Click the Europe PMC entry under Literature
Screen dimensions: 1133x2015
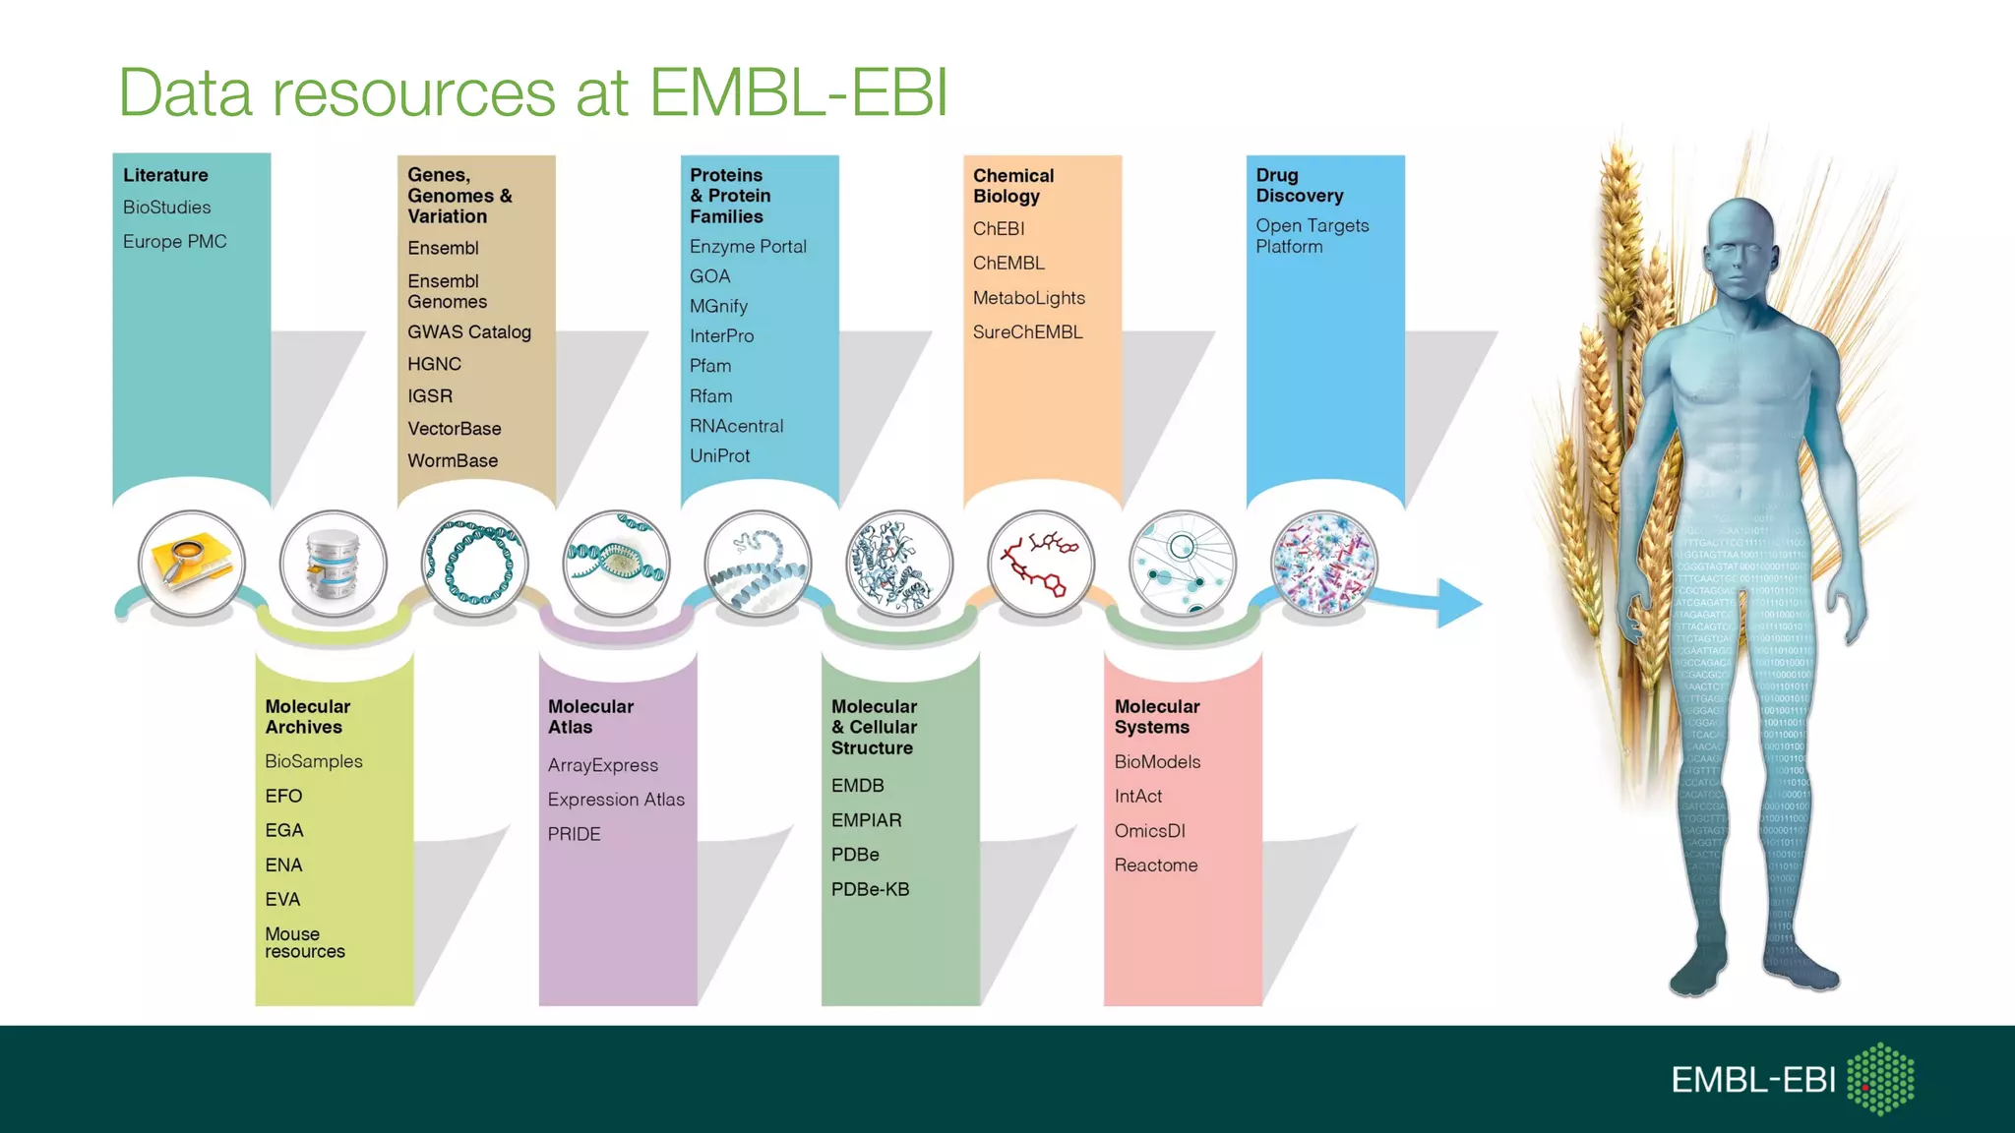click(x=174, y=242)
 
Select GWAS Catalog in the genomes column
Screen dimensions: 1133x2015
click(x=469, y=332)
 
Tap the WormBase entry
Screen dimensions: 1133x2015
click(x=453, y=461)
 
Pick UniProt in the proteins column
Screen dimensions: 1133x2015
click(x=719, y=456)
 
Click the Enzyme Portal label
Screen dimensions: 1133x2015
click(x=748, y=247)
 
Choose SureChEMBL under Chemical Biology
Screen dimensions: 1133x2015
click(x=1027, y=332)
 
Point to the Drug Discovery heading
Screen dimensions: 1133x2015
click(x=1299, y=186)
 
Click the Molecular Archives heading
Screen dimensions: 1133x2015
click(x=307, y=717)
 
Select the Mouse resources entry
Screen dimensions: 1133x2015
click(x=304, y=942)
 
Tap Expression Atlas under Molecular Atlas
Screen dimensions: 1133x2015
click(x=616, y=800)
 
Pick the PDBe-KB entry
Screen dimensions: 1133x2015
click(x=870, y=889)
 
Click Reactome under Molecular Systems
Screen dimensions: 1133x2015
click(x=1156, y=865)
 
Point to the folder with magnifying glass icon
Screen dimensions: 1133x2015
click(x=192, y=564)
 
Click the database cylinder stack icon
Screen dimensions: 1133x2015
click(x=333, y=564)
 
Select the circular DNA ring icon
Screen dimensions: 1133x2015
click(x=474, y=564)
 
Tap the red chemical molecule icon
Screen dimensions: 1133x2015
click(x=1040, y=564)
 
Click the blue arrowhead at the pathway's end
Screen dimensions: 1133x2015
click(x=1458, y=603)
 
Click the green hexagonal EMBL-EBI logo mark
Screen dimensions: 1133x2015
click(x=1880, y=1079)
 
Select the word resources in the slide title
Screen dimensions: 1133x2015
click(x=414, y=93)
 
